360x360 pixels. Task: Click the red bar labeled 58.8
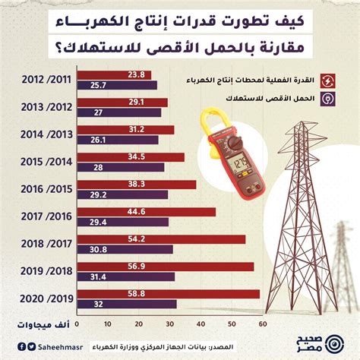pos(169,294)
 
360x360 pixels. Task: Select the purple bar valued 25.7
pos(117,85)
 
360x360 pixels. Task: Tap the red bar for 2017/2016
pos(147,212)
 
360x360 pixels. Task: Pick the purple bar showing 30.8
pos(125,249)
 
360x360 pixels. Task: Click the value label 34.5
pos(137,156)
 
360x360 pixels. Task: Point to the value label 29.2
pos(98,195)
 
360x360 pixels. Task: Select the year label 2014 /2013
pos(46,134)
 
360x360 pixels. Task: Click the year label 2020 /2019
pos(46,298)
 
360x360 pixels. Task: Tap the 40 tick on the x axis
pos(201,324)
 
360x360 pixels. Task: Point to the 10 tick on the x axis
pos(108,324)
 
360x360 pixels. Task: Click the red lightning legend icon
pos(327,81)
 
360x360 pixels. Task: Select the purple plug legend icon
pos(327,99)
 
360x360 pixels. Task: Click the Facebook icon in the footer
pos(22,346)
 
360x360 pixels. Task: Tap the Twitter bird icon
pos(31,346)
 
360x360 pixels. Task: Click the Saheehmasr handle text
pos(61,347)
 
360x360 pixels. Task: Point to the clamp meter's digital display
pos(240,164)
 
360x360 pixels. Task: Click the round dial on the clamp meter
pos(235,144)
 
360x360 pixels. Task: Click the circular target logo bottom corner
pos(334,344)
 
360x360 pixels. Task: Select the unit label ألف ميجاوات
pos(43,324)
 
